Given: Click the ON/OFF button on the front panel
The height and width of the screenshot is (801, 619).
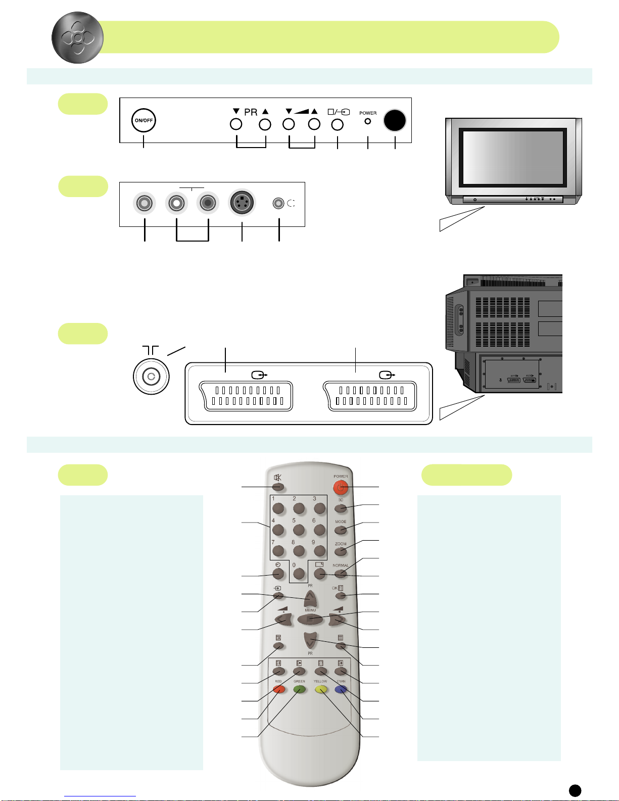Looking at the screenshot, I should (144, 120).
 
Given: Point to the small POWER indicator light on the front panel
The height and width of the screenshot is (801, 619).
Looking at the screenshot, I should (368, 121).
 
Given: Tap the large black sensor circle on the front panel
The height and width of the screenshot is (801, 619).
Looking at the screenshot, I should (395, 120).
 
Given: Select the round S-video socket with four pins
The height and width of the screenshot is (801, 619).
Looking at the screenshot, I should (242, 203).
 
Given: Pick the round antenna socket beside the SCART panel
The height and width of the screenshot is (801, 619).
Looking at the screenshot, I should (151, 376).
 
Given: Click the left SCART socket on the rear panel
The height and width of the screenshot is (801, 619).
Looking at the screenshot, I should (247, 396).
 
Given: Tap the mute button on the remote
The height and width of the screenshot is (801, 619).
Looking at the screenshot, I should (278, 487).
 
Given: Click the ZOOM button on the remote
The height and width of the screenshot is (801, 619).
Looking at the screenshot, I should (341, 551).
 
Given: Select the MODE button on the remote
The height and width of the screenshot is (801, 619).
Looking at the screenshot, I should (341, 529).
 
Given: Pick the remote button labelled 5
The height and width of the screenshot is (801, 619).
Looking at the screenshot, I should (299, 530).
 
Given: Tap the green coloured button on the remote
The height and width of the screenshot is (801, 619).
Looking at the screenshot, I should (300, 689).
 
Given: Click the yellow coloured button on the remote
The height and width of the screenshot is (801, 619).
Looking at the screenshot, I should (320, 689).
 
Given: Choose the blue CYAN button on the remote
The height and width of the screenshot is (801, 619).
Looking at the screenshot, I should (341, 689).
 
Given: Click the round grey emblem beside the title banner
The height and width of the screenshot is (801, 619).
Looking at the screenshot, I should (77, 37).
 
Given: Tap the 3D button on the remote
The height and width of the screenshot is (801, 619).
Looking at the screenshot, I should (341, 508).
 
